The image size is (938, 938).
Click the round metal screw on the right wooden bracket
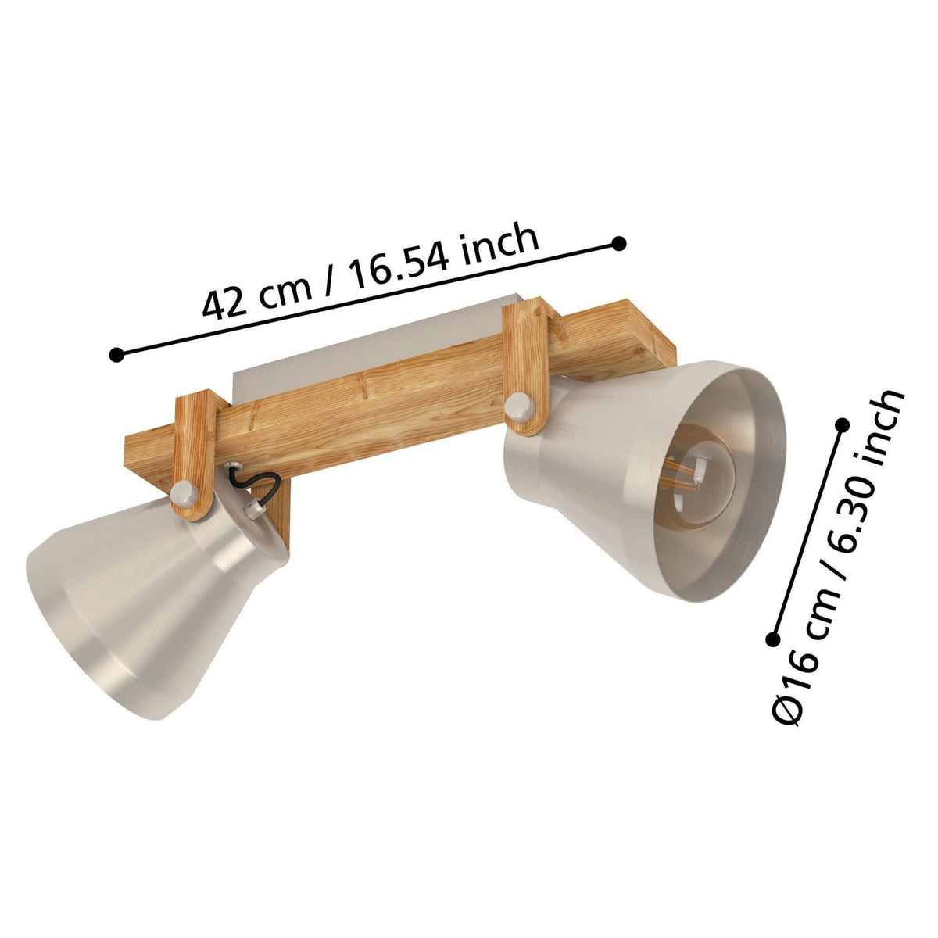(519, 406)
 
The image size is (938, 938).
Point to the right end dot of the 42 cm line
(619, 244)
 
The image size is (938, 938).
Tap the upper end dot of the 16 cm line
(842, 425)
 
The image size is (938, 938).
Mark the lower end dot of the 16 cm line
(772, 639)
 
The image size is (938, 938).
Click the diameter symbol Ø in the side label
(787, 708)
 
